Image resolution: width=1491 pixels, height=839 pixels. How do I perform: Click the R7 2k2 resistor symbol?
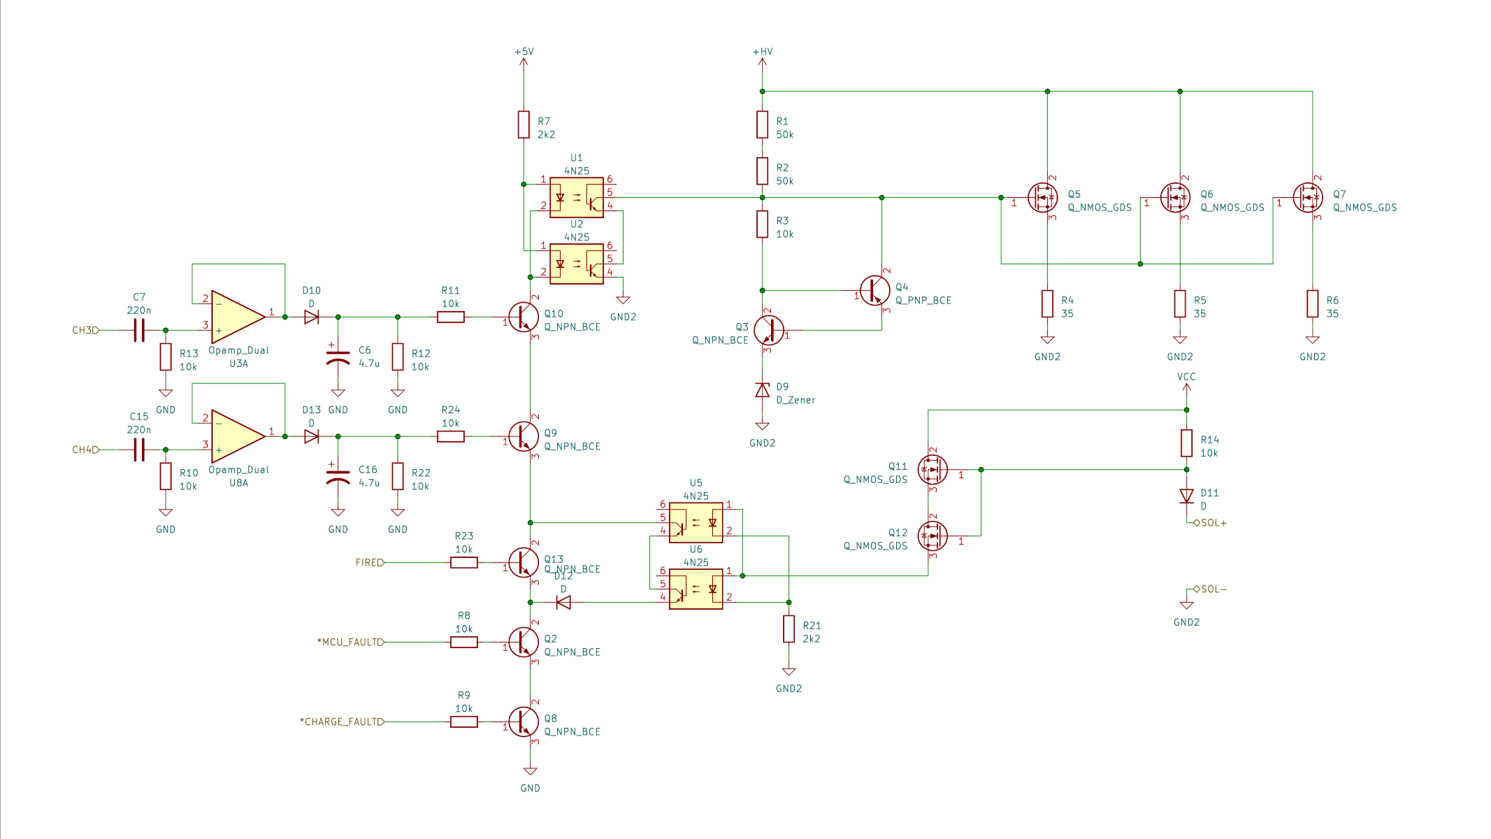coord(524,124)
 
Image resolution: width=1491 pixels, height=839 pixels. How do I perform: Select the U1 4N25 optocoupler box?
coord(576,198)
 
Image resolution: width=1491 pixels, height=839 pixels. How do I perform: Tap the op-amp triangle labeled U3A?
coord(236,317)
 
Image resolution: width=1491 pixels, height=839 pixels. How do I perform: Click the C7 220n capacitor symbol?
coord(138,330)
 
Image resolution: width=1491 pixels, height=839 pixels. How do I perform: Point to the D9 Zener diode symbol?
coord(762,390)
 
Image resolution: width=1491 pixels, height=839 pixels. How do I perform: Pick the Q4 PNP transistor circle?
coord(874,290)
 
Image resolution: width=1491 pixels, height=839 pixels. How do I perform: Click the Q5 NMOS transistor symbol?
coord(1042,198)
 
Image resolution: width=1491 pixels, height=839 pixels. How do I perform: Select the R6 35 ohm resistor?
coord(1312,304)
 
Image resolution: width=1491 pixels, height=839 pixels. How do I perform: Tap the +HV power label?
coord(762,52)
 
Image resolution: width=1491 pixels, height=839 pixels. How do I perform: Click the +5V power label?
coord(524,52)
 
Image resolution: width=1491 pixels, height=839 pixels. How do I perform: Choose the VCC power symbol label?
coord(1186,377)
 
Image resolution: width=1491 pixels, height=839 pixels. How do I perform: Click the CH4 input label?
coord(85,450)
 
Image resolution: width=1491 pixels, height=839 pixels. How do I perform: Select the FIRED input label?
coord(369,562)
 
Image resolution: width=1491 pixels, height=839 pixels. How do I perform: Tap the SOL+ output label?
coord(1213,523)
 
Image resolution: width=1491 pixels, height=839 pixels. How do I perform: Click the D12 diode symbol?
coord(563,602)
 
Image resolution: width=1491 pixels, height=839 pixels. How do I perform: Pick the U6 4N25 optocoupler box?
coord(696,589)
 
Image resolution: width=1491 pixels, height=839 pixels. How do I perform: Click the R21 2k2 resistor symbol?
coord(788,629)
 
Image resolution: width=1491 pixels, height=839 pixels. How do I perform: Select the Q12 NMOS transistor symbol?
coord(932,536)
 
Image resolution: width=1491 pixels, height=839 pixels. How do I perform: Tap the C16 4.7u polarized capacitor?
coord(338,477)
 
